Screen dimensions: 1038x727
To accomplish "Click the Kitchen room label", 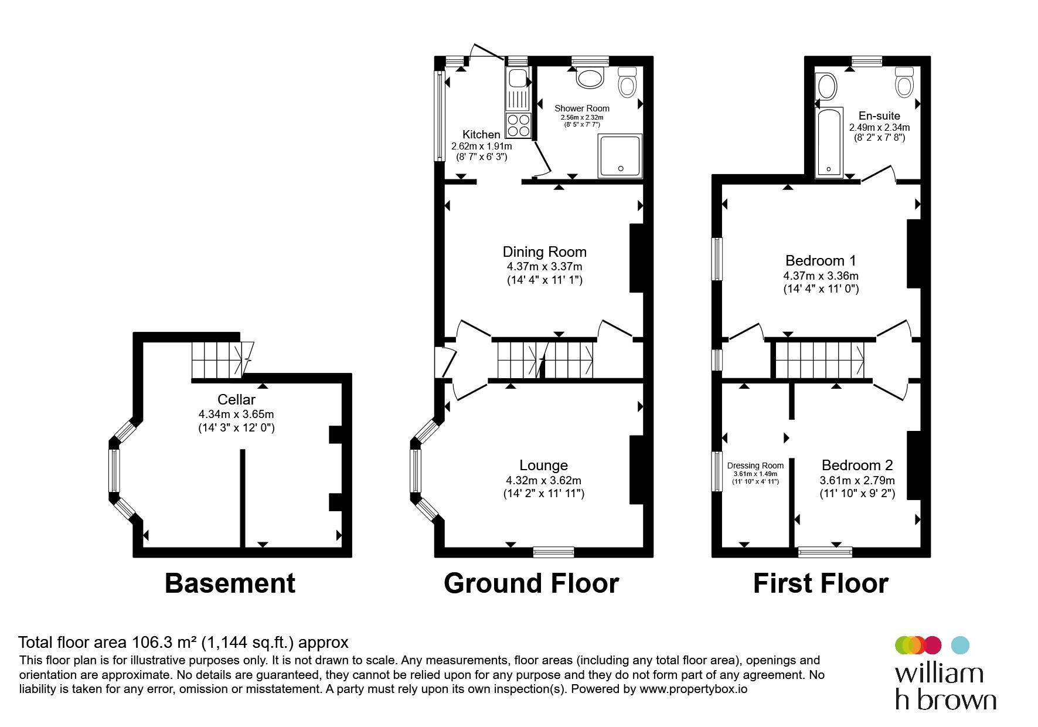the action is pos(481,134).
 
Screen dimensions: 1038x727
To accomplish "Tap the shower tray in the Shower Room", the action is pos(620,155).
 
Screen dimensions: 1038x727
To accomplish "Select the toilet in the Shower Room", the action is pos(627,81).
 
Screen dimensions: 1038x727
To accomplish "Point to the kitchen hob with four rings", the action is pos(519,125).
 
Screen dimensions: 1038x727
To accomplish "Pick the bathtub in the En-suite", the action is pos(829,142).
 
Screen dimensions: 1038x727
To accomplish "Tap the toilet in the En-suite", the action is pos(904,81).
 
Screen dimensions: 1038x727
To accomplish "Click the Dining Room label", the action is pos(544,252).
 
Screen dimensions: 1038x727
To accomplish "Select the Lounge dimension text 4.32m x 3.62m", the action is pos(544,480).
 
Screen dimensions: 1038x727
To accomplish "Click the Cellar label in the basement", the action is pos(236,399).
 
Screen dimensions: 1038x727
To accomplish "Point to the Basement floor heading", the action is pos(230,583).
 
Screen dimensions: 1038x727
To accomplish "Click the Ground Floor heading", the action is pos(532,583).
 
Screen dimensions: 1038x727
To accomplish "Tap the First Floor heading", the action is pos(821,583).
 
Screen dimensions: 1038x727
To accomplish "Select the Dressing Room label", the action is pos(755,466).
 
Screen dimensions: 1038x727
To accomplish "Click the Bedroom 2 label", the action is pos(857,466).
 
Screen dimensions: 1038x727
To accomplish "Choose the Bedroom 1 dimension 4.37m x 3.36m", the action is pos(821,276).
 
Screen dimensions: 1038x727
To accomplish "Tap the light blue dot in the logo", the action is pos(960,645).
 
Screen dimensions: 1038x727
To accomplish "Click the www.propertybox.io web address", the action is pos(693,689).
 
